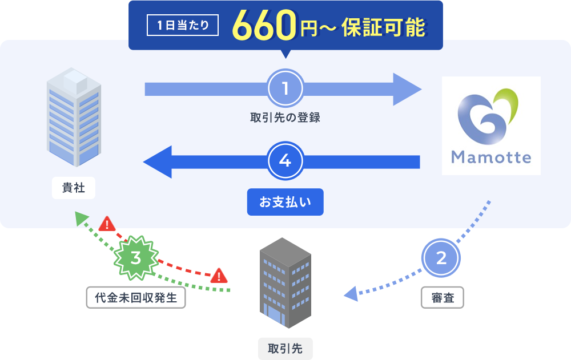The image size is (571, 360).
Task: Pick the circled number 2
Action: point(441,258)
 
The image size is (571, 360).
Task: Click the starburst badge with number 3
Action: point(136,258)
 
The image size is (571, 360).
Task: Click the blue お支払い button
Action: point(285,202)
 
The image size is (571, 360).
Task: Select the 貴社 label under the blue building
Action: point(73,188)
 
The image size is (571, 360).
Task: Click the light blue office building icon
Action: point(74,117)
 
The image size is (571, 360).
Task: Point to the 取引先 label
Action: point(285,347)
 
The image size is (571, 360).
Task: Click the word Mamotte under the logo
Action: point(491,157)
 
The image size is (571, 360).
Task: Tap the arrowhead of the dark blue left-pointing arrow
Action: point(158,161)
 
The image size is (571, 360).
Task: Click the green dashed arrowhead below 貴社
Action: point(81,217)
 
